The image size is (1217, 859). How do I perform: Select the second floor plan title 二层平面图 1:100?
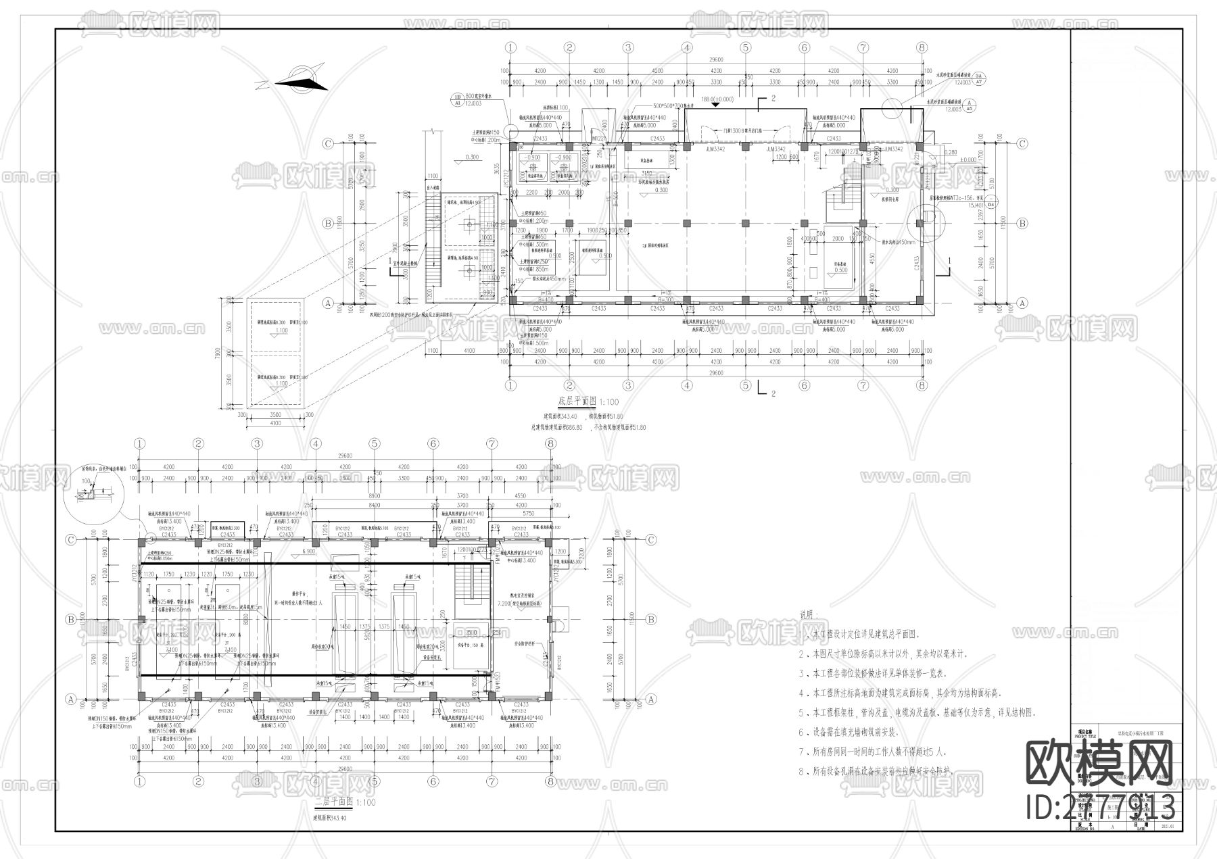[x=345, y=802]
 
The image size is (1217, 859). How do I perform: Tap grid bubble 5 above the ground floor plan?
[x=746, y=48]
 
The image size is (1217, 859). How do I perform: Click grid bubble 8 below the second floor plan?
[x=550, y=781]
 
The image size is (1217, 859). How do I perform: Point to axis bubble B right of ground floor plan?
[x=1022, y=223]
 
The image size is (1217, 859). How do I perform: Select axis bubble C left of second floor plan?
[x=70, y=540]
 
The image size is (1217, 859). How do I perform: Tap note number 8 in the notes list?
[x=802, y=771]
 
